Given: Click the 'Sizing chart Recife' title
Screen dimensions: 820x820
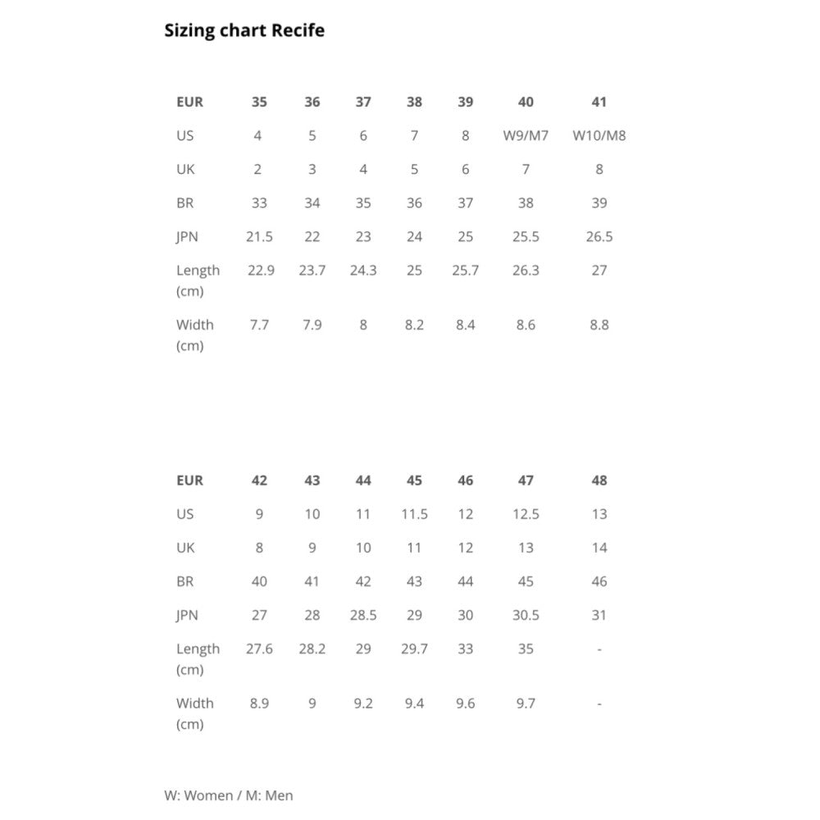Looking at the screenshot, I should pos(244,30).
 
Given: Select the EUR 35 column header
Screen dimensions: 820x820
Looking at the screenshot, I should pos(259,102).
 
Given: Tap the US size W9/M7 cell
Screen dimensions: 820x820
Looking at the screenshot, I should pos(526,136).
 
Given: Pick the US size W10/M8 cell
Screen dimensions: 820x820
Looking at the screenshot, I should pos(599,136).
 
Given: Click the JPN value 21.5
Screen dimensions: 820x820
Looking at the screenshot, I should pos(259,237).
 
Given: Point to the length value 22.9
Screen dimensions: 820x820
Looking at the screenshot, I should pos(261,271).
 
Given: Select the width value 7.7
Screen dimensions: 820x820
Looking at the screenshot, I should pos(259,325).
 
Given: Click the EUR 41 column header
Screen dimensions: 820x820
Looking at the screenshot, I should pos(599,102).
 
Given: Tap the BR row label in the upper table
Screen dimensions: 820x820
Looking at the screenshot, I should pos(185,203).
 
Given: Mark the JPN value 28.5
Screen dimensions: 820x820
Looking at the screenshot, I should pos(363,616).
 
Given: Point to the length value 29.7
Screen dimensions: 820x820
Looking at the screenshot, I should pos(414,649).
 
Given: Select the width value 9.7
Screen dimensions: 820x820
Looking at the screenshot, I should pos(526,704).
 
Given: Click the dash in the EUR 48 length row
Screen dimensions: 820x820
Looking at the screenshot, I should pos(599,649).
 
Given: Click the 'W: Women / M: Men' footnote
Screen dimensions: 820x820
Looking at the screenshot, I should pos(229,795).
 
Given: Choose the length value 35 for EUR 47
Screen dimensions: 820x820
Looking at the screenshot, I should pos(526,649).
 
